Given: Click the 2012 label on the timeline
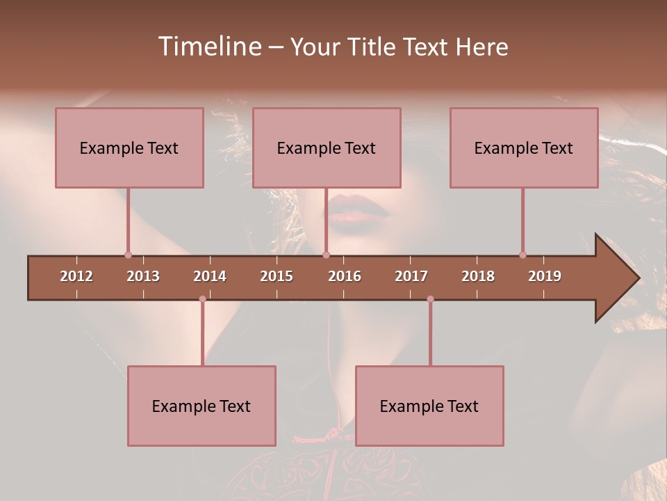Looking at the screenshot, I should [x=76, y=276].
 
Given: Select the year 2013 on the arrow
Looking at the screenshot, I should [x=143, y=276].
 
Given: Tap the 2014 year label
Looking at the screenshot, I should [x=210, y=276].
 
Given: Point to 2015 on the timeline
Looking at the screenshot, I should [x=277, y=276].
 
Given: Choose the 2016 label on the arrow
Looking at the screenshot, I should [x=345, y=276].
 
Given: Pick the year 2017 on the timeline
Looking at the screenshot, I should [x=411, y=276].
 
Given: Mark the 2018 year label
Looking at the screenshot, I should [x=478, y=276].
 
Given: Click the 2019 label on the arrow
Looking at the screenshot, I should [x=545, y=276].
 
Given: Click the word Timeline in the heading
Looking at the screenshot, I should [x=208, y=47].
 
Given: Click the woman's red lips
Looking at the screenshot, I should [x=358, y=209].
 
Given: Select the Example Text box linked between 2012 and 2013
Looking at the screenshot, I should [x=129, y=148].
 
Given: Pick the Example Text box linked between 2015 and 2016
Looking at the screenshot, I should [x=327, y=148].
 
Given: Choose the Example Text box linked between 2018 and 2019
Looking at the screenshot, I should [x=524, y=148].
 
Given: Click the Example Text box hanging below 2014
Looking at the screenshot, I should [x=201, y=406].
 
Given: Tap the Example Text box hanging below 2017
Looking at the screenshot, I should [x=429, y=406].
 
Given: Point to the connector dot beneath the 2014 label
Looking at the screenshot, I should [x=202, y=299].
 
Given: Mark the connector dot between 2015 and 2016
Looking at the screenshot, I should [x=326, y=255].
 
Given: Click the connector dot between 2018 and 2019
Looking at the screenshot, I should [x=522, y=255].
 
